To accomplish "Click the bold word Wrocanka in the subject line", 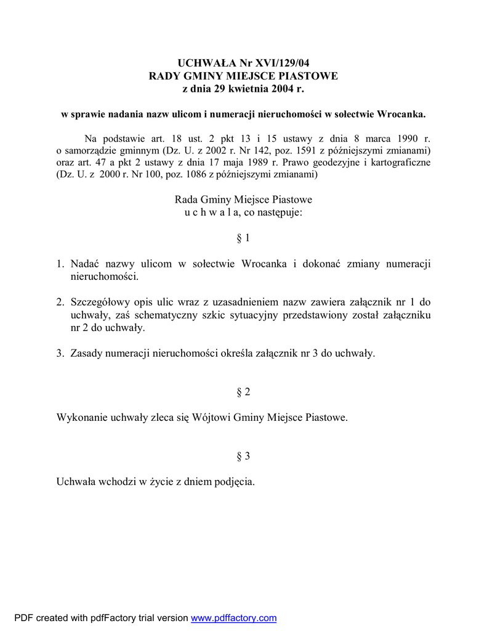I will coord(401,115).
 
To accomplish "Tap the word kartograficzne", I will coord(398,163).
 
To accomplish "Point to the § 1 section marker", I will coord(243,238).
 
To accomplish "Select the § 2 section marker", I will coord(243,392).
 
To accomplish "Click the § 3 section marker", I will coord(243,456).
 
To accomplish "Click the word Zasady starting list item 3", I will coord(86,353).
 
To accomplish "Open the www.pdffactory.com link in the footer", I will coord(234,618).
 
